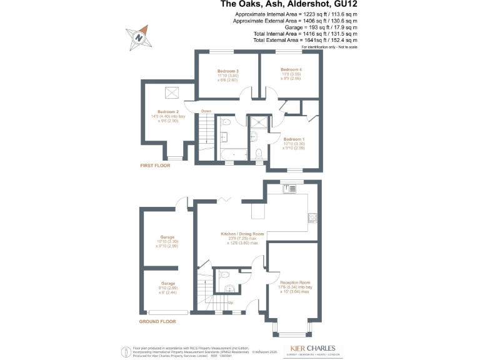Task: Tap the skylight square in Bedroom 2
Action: point(171,93)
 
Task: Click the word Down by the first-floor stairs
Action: point(206,111)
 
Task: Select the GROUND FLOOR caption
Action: point(157,322)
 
